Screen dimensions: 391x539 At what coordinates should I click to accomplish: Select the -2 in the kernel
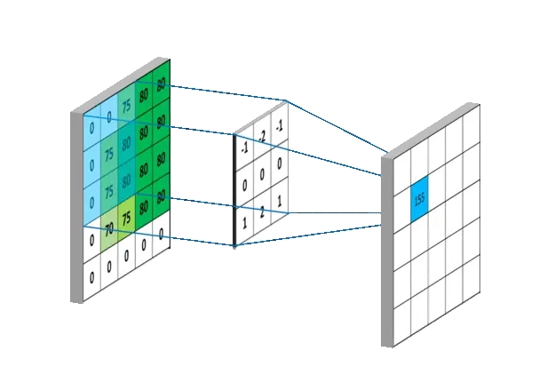pyautogui.click(x=263, y=136)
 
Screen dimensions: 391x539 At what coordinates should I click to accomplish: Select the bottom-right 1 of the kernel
pyautogui.click(x=280, y=203)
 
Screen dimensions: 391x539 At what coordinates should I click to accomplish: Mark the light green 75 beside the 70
pyautogui.click(x=126, y=218)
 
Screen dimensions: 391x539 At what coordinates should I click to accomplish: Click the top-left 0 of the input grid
pyautogui.click(x=91, y=127)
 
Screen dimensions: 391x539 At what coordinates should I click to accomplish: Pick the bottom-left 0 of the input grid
pyautogui.click(x=91, y=277)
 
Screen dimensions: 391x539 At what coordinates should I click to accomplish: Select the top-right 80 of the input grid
pyautogui.click(x=161, y=84)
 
